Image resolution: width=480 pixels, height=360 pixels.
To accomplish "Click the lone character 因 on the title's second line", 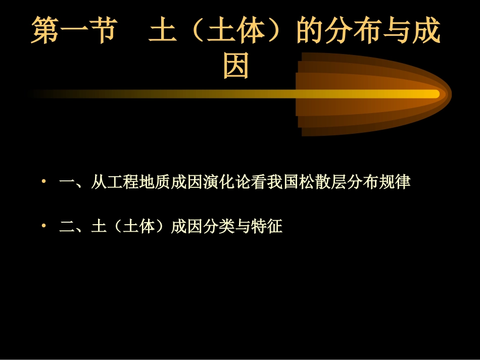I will [x=236, y=66].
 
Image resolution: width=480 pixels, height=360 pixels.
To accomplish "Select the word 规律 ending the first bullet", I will [x=396, y=182].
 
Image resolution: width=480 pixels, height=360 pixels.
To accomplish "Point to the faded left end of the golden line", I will [x=38, y=93].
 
